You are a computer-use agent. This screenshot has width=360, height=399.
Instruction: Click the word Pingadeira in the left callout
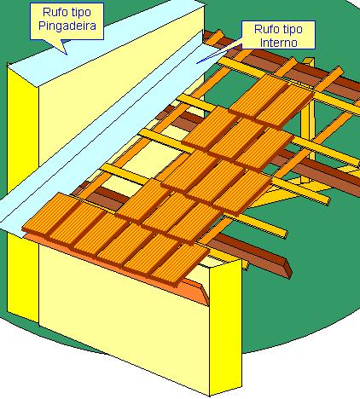pyautogui.click(x=67, y=26)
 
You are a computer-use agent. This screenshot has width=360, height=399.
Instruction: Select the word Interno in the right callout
pyautogui.click(x=279, y=43)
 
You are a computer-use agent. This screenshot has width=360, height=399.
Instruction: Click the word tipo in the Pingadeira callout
pyautogui.click(x=80, y=13)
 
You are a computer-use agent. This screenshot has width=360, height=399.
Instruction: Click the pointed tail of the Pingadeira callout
pyautogui.click(x=67, y=54)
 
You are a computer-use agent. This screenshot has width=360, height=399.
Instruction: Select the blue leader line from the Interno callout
pyautogui.click(x=219, y=53)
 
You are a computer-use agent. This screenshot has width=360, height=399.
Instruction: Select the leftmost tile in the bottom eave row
pyautogui.click(x=50, y=216)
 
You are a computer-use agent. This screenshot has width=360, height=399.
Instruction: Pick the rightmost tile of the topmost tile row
pyautogui.click(x=284, y=106)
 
